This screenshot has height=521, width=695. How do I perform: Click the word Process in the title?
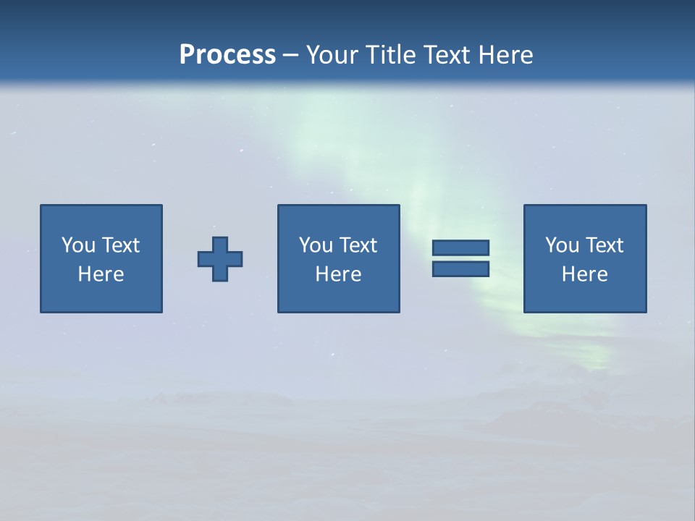pos(227,55)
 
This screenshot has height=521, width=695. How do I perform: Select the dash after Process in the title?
pos(291,55)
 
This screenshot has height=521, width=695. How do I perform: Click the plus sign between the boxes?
pos(220,259)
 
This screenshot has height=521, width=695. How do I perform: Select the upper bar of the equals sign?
pos(460,247)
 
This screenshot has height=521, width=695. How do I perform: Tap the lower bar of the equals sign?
pos(460,269)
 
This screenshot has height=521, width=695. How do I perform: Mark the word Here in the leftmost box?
pos(101,274)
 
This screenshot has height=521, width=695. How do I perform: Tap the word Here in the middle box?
pos(339,274)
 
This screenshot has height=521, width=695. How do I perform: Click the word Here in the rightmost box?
pos(585,274)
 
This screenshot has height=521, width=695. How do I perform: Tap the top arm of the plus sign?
pos(220,244)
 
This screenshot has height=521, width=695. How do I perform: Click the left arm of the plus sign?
pos(205,259)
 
